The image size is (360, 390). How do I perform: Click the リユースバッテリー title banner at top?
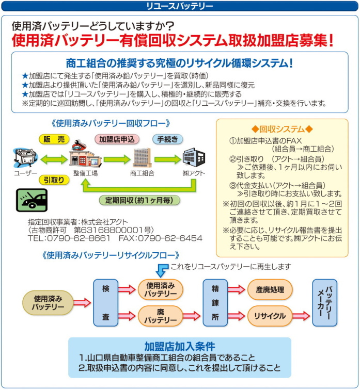[179, 6]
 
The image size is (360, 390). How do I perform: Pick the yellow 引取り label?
[54, 180]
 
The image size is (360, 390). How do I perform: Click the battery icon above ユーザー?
[25, 157]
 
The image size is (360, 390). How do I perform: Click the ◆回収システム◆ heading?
[282, 128]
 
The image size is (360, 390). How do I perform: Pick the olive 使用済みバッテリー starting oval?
[48, 303]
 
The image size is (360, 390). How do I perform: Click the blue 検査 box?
[105, 303]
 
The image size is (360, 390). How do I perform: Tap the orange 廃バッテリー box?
[161, 316]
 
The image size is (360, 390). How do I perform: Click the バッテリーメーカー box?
[324, 303]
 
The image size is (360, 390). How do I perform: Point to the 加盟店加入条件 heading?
[180, 346]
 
